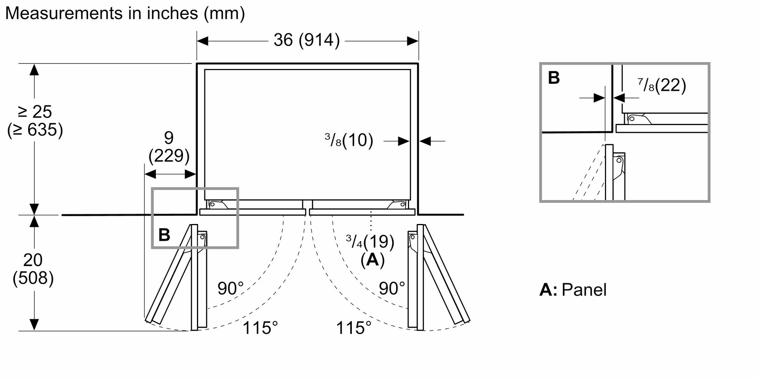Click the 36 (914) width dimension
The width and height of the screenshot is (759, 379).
point(307,40)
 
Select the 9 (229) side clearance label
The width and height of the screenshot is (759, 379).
point(169,146)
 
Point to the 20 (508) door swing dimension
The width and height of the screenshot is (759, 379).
point(33,269)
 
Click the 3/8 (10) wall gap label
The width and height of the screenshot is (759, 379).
point(349,140)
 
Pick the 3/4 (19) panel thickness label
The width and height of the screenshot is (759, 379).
point(370,242)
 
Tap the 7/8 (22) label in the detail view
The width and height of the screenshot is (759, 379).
point(662,85)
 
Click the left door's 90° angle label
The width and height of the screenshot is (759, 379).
point(231,289)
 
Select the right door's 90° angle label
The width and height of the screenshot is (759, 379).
point(392,289)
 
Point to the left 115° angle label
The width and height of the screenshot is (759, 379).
point(260,328)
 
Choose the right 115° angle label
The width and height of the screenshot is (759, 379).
point(354,328)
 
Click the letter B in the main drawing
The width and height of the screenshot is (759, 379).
point(164,235)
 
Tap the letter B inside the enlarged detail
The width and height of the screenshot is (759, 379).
point(554,78)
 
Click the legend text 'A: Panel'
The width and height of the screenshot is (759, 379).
point(573,290)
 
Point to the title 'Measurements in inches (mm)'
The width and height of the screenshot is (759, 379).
point(125,13)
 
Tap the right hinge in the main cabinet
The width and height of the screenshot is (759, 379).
point(397,205)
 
